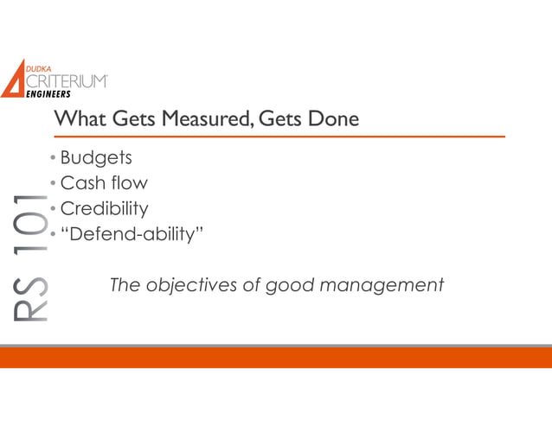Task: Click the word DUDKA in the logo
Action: click(x=44, y=68)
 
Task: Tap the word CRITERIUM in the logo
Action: click(x=68, y=81)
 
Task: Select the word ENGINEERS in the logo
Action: click(x=48, y=95)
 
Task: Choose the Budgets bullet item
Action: click(x=96, y=158)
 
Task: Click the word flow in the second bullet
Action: click(x=129, y=183)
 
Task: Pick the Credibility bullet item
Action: click(x=104, y=208)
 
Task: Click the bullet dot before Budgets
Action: click(x=53, y=159)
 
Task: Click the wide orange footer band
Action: click(x=276, y=358)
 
